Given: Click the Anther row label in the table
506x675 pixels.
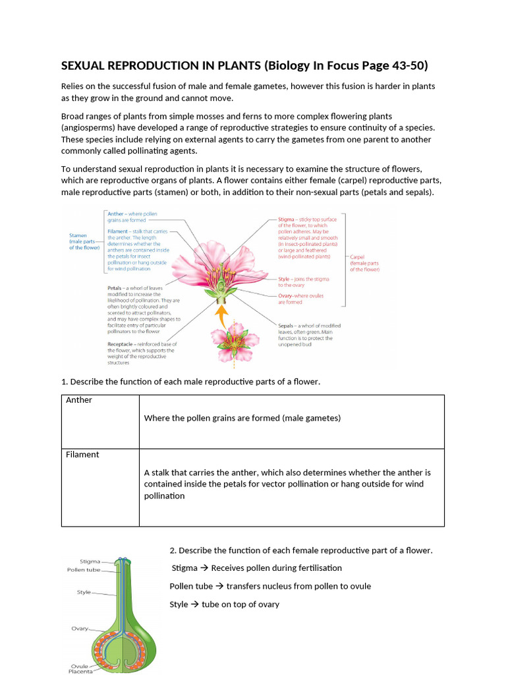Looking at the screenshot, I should point(79,400).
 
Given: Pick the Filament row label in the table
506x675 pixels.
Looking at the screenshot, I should point(82,454).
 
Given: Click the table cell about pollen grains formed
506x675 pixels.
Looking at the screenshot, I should point(242,418).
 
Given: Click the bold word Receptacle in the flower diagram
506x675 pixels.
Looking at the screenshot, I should point(123,344).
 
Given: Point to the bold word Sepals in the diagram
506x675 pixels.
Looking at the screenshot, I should point(288,326).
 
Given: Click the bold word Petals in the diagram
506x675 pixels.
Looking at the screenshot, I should point(117,288).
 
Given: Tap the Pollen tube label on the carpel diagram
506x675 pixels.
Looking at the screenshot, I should point(84,570).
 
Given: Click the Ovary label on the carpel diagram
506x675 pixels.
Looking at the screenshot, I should point(80,628).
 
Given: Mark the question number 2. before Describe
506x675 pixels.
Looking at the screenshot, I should point(173,550).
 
